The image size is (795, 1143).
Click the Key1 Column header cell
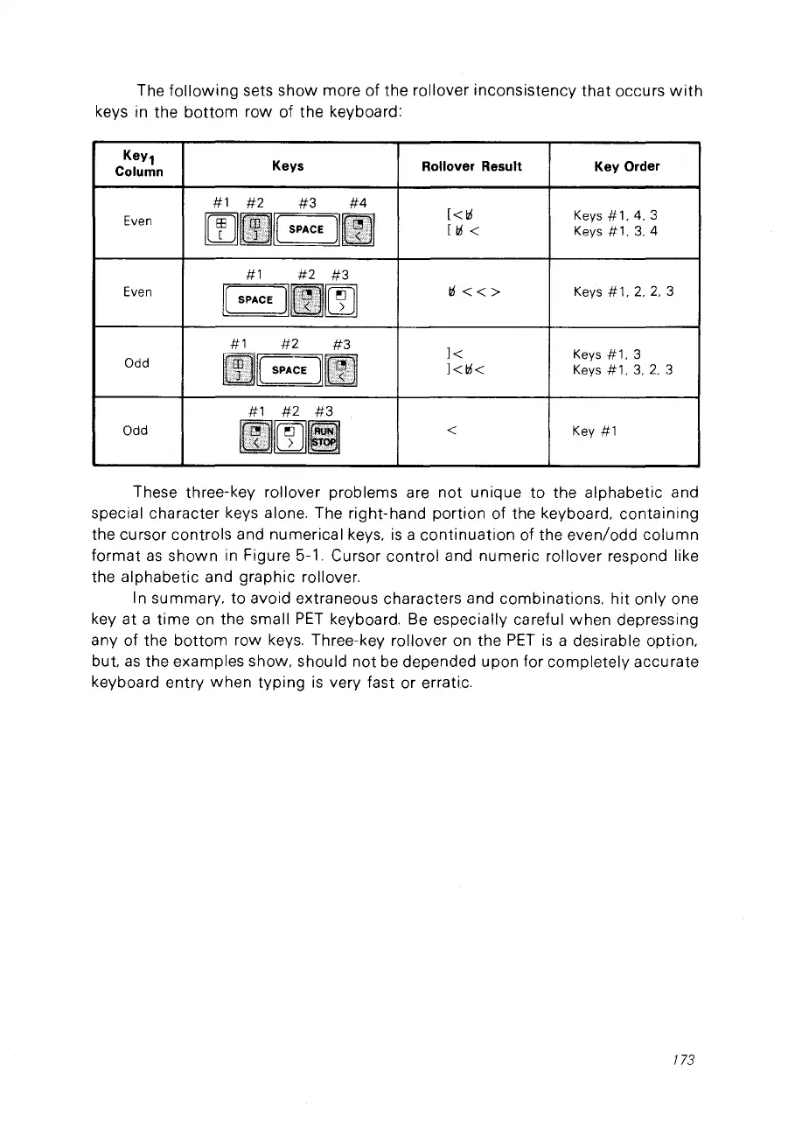click(137, 165)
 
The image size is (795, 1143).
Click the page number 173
click(683, 1061)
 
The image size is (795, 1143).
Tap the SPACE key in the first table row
click(307, 229)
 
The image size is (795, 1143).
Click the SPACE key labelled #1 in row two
click(255, 299)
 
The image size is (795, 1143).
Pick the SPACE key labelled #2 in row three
click(289, 369)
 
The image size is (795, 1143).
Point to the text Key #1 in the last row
click(596, 431)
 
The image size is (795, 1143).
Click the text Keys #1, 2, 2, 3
click(624, 291)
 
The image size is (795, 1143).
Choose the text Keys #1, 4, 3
click(615, 215)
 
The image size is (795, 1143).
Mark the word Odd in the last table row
click(137, 431)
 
